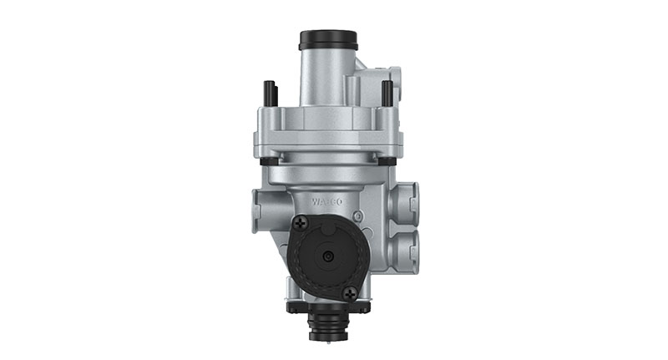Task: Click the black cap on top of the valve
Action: point(328,39)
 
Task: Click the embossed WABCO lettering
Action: point(328,201)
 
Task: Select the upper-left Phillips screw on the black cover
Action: point(301,223)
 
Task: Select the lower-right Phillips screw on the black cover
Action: point(350,292)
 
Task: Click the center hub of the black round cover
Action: point(326,258)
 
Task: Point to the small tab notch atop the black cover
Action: point(327,219)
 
